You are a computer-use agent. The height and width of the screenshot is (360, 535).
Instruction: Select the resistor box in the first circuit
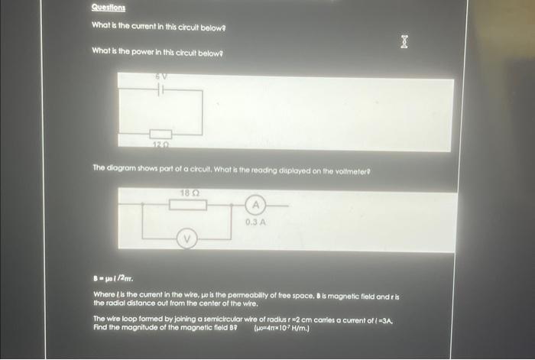coord(159,134)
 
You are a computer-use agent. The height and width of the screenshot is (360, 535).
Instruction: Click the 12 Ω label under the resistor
coord(159,144)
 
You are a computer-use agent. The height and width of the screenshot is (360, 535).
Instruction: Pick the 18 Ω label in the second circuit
coord(190,193)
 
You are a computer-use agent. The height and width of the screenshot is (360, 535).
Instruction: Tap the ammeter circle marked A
coord(256,205)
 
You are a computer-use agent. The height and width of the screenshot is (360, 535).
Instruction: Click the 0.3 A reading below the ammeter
coord(255,222)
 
